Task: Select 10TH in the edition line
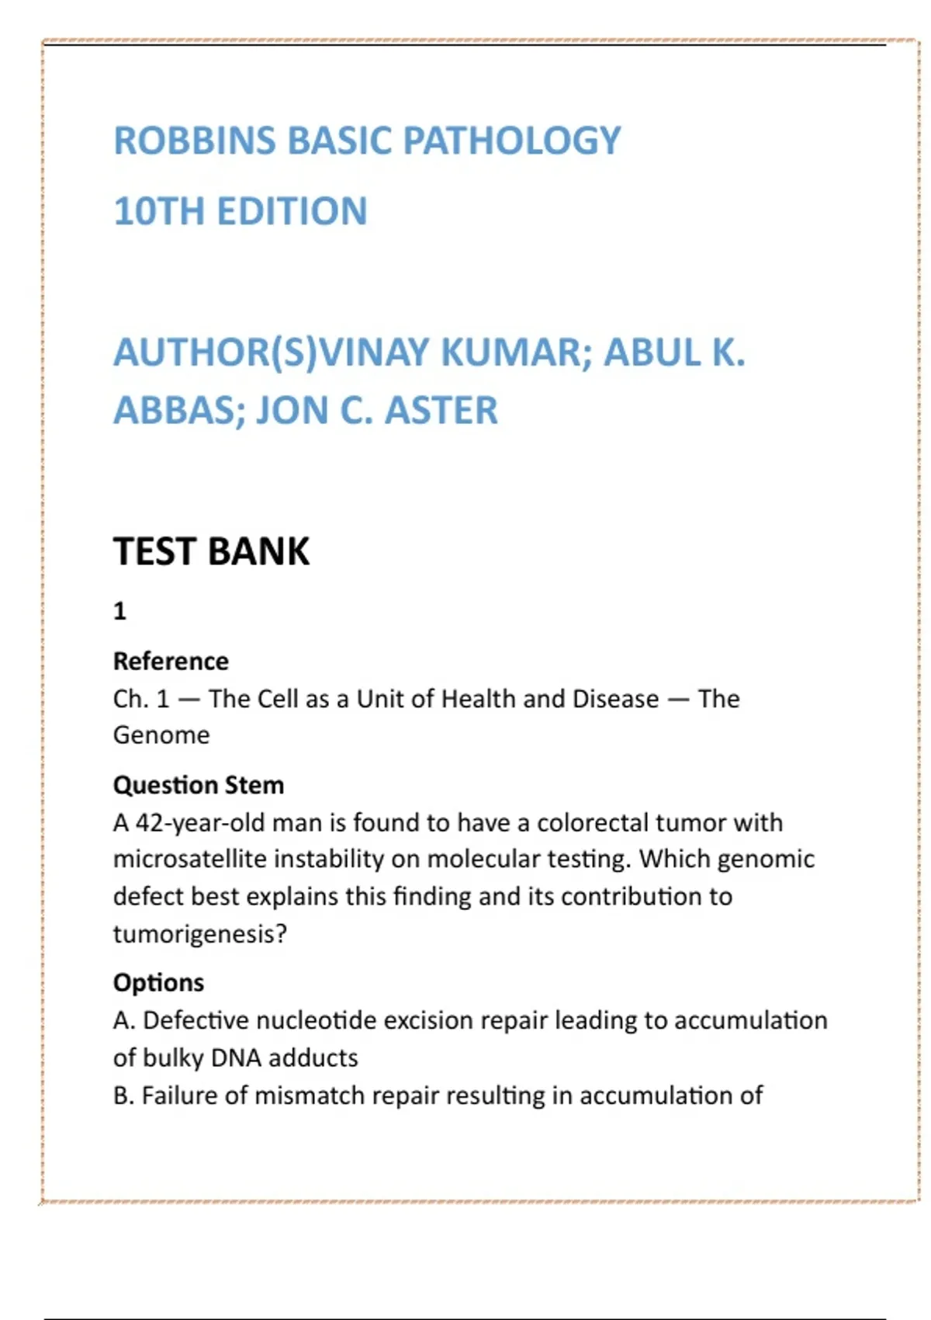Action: [x=158, y=211]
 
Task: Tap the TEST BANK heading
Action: [x=211, y=552]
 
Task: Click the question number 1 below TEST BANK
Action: [x=119, y=612]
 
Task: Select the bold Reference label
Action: [x=171, y=661]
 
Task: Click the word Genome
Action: [x=161, y=735]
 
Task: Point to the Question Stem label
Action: [x=199, y=785]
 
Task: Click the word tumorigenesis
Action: [x=199, y=934]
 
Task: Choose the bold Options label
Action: [x=158, y=983]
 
